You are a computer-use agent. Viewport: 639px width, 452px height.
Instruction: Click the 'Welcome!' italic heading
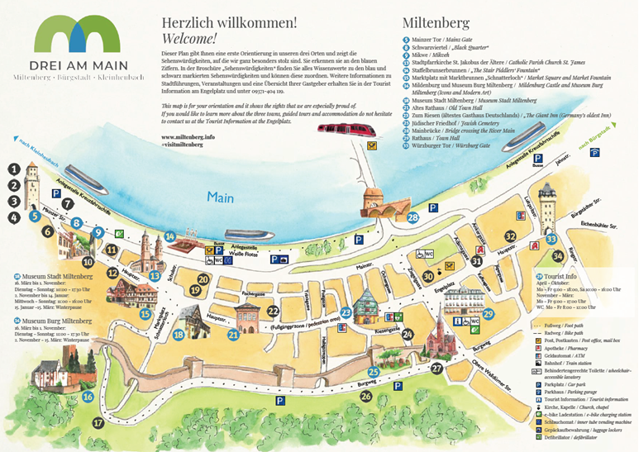(x=189, y=38)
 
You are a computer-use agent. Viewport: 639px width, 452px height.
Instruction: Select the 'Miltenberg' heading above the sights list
(x=436, y=21)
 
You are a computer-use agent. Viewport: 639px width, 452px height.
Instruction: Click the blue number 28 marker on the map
(x=412, y=217)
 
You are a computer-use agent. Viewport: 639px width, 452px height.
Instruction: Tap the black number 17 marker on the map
(x=98, y=422)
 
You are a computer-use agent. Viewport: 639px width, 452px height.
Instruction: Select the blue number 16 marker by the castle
(x=87, y=397)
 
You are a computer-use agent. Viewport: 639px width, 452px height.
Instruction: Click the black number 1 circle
(x=14, y=168)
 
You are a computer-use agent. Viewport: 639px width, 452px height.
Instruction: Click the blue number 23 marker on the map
(x=346, y=312)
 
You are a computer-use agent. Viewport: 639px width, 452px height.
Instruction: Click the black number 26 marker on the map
(x=366, y=397)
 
